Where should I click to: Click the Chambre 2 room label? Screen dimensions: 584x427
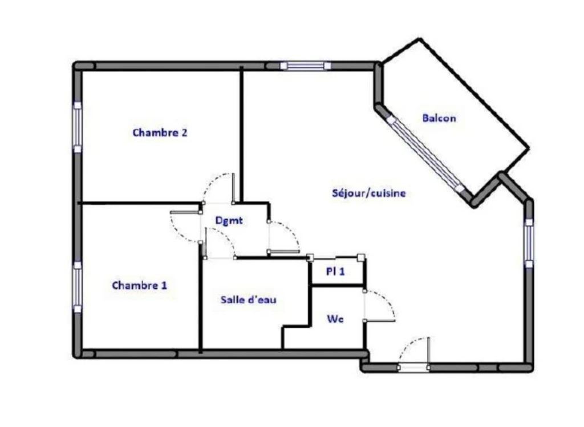tap(160, 132)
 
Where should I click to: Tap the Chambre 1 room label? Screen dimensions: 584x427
tap(139, 285)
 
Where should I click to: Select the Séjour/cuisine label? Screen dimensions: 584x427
tap(369, 193)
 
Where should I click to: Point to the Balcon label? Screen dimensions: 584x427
tap(439, 118)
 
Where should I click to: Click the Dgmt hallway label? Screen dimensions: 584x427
tap(229, 220)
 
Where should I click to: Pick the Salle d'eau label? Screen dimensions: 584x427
tap(249, 300)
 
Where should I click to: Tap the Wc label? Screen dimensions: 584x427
tap(335, 319)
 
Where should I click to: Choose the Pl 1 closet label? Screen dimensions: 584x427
tap(335, 272)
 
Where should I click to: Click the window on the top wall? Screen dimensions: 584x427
tap(306, 66)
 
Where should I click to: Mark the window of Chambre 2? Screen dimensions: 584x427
tap(77, 127)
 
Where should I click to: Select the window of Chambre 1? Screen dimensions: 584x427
tap(77, 287)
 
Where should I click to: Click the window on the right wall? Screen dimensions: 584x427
tap(529, 243)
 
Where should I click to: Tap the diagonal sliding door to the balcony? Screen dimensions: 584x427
tap(427, 154)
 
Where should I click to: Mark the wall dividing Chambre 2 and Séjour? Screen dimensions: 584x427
tap(241, 134)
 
